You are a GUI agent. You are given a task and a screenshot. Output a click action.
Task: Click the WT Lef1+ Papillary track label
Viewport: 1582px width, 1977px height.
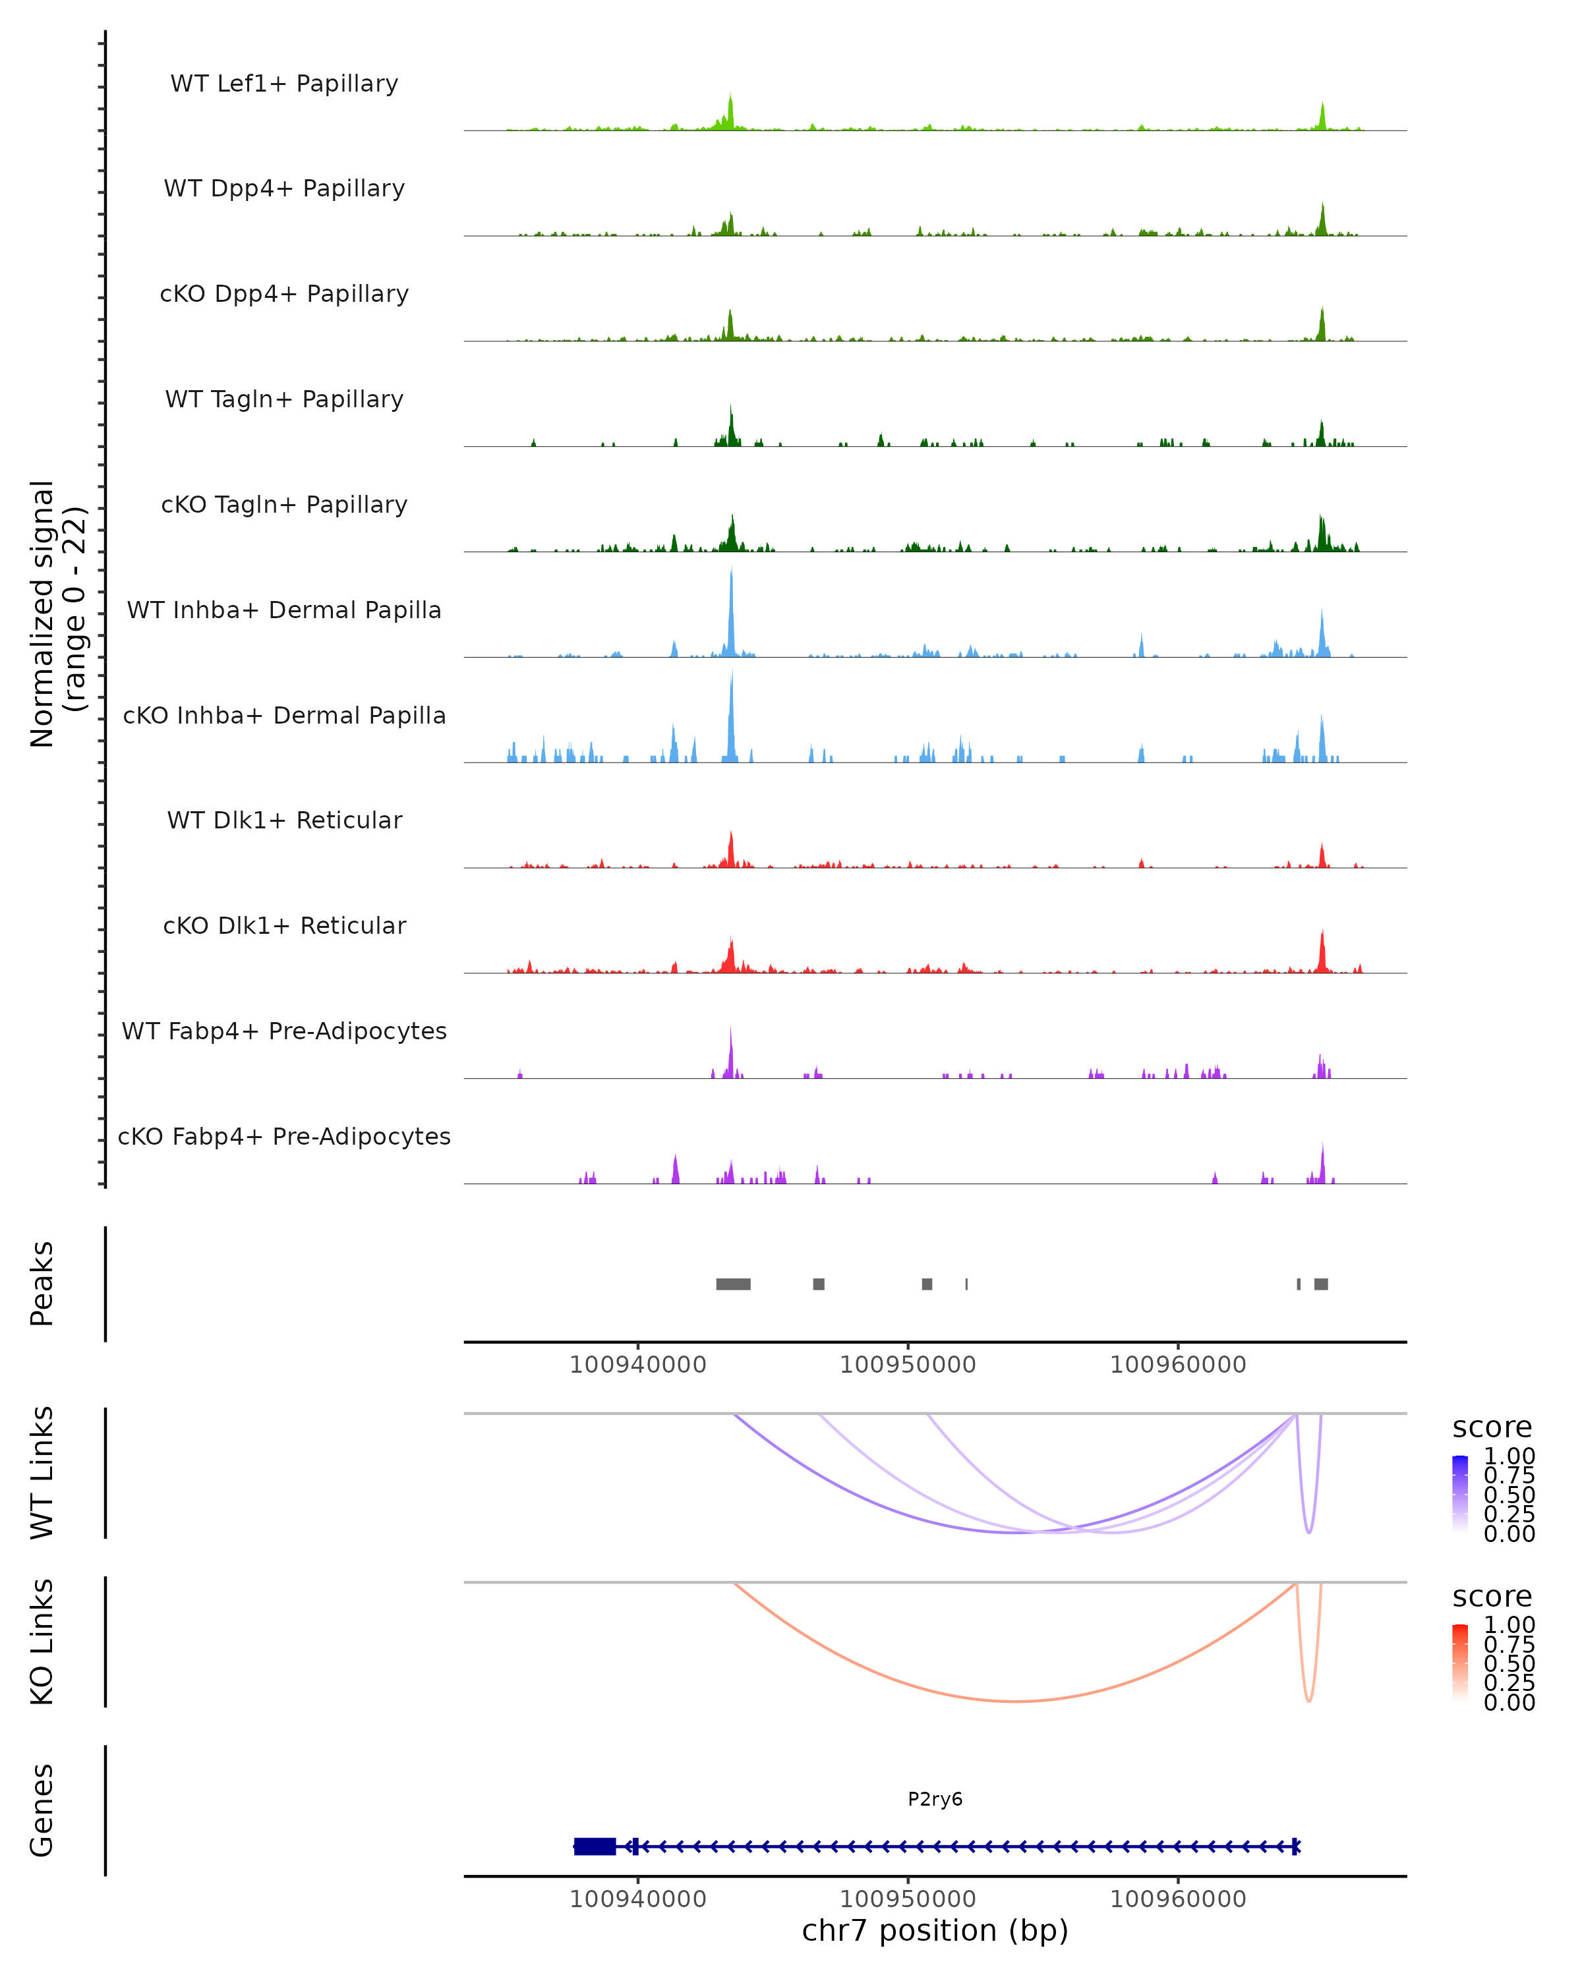[x=284, y=84]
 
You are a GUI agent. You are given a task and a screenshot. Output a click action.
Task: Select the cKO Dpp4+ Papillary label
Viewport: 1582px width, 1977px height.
[x=284, y=295]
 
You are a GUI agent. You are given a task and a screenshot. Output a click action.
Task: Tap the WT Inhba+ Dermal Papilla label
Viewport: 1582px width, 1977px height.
[x=284, y=611]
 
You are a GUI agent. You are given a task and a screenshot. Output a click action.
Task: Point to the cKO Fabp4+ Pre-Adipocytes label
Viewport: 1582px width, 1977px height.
[x=284, y=1137]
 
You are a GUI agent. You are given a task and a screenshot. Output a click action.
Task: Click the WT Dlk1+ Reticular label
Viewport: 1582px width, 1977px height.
[x=284, y=820]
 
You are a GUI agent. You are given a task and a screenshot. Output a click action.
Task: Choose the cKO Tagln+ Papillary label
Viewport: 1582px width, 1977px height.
[x=284, y=505]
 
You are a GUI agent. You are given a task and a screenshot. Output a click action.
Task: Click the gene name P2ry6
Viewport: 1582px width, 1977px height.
[x=935, y=1799]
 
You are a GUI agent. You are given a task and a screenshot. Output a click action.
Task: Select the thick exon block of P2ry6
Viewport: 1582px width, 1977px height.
[x=595, y=1847]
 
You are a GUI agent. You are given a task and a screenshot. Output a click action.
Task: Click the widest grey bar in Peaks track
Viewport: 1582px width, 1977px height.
[x=733, y=1284]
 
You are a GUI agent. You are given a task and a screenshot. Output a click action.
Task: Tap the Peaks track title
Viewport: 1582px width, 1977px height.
[x=42, y=1284]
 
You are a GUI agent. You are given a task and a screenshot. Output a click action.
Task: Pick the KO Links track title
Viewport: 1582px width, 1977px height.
[x=42, y=1642]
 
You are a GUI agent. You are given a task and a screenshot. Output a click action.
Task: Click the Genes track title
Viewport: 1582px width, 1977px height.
[x=42, y=1811]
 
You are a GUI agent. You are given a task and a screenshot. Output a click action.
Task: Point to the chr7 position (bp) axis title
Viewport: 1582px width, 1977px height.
[x=935, y=1931]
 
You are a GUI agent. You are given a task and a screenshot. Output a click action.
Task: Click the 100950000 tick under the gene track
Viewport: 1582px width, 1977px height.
[x=908, y=1899]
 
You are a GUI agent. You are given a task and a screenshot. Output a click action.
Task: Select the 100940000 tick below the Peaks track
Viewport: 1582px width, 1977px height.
[x=637, y=1365]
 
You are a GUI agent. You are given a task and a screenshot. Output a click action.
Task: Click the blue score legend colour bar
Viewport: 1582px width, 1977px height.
[x=1460, y=1493]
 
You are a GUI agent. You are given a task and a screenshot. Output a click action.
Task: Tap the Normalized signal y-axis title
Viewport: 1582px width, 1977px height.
[x=57, y=614]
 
